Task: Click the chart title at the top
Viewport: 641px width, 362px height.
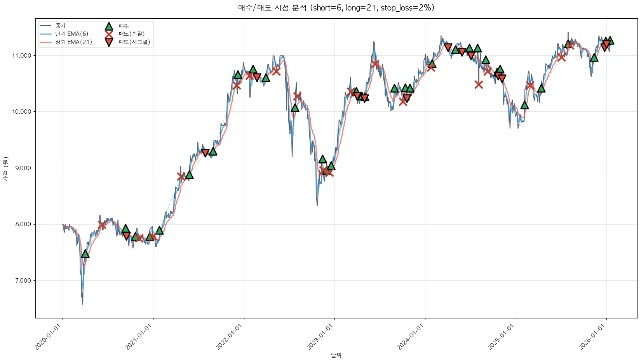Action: coord(336,8)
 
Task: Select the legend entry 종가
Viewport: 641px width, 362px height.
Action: coord(61,26)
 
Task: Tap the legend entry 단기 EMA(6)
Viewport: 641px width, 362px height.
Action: coord(71,34)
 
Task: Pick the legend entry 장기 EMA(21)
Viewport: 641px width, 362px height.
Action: coord(73,42)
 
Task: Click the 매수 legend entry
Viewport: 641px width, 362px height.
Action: coord(124,26)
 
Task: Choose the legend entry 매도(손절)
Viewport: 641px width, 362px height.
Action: coord(131,34)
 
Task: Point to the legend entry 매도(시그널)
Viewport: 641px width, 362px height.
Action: coord(134,42)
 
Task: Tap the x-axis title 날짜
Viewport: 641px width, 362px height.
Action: coord(336,355)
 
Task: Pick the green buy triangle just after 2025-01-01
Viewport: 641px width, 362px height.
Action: coord(524,105)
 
